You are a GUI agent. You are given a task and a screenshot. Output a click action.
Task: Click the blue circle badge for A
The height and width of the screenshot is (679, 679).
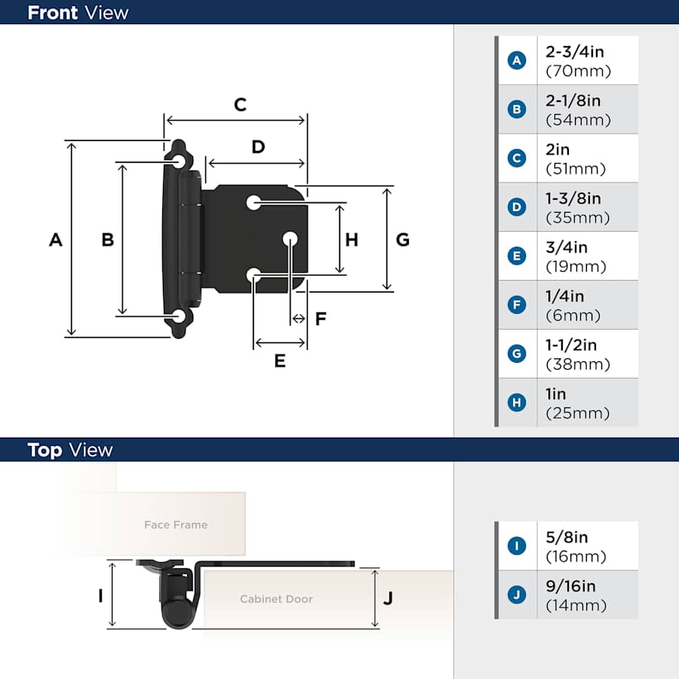coord(517,60)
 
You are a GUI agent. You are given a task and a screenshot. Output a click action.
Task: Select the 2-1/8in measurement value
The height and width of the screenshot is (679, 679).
coord(573,101)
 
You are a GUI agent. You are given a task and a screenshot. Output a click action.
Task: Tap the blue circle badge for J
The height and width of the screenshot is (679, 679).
coord(517,595)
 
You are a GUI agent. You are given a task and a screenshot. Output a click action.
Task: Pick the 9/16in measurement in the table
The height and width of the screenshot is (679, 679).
coord(571,586)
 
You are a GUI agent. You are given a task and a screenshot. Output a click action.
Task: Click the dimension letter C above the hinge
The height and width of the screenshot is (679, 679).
coord(241,105)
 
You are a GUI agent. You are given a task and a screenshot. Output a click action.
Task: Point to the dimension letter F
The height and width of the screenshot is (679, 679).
coord(321,318)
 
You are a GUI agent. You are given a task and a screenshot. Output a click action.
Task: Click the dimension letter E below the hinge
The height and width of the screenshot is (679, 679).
coord(280,361)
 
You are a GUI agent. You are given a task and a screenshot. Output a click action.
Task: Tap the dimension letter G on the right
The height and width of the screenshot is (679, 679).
coord(403,239)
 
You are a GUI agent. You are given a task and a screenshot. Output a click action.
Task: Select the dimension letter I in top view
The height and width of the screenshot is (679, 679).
coord(100,596)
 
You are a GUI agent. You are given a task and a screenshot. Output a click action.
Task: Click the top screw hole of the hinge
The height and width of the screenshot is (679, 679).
coord(179,162)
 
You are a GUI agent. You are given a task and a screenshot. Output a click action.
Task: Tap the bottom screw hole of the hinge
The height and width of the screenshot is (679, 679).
coord(179,317)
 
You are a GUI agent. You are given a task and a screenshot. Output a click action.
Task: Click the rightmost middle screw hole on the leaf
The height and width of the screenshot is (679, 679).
coord(290,239)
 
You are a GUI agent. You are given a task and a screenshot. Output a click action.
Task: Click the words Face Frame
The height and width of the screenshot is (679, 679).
coord(176,525)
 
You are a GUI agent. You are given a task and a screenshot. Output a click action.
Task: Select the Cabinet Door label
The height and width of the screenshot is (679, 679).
coord(276,599)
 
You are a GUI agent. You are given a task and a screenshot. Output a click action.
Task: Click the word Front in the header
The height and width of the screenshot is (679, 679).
coord(53,13)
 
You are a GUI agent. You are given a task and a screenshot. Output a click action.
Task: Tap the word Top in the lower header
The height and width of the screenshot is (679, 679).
coord(45,450)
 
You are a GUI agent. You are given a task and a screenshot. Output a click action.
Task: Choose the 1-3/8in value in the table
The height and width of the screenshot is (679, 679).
coord(573,198)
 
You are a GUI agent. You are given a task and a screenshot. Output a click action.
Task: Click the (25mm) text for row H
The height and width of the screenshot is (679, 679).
coord(578,413)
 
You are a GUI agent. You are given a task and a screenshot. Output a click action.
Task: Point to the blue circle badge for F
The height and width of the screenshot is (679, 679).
coord(517,305)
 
